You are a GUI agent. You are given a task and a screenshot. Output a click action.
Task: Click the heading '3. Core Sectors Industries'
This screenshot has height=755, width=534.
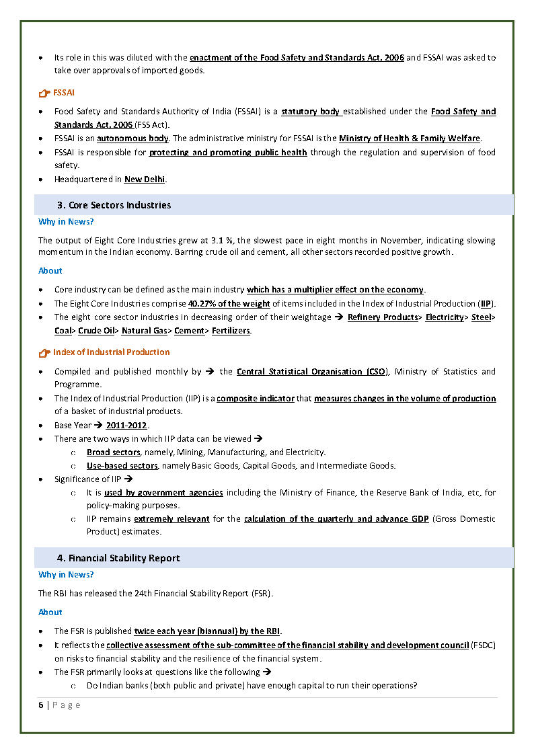[114, 205]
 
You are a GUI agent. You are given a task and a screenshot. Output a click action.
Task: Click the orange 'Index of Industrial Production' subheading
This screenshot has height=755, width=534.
[111, 352]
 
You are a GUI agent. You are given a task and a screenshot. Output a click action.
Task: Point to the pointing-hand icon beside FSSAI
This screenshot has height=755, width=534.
[44, 93]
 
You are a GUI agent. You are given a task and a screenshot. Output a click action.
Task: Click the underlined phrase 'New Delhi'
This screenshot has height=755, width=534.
[145, 180]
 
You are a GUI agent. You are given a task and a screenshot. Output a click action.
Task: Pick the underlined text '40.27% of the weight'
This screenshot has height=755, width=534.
[229, 304]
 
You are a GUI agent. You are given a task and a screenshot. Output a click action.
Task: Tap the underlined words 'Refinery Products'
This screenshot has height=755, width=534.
[382, 317]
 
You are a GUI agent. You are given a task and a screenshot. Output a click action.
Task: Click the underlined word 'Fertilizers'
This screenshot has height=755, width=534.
[231, 331]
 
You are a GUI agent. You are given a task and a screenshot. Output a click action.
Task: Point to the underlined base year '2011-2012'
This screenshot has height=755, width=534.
[126, 426]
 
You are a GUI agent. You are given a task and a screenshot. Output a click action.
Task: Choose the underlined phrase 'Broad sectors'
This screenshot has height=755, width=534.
[113, 452]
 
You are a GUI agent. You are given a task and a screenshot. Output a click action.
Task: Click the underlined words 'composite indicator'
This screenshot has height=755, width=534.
[255, 399]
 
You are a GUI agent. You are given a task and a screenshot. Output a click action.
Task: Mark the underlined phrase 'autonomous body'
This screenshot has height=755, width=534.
[132, 138]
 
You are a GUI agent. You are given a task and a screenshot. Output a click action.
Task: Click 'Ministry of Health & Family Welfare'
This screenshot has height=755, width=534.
[409, 138]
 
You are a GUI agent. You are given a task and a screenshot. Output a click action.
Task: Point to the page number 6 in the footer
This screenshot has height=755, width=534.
[41, 705]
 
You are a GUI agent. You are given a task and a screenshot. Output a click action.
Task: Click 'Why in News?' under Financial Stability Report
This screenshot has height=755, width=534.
[66, 575]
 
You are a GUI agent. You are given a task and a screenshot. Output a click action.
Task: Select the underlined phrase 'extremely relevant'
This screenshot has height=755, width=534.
[171, 519]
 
